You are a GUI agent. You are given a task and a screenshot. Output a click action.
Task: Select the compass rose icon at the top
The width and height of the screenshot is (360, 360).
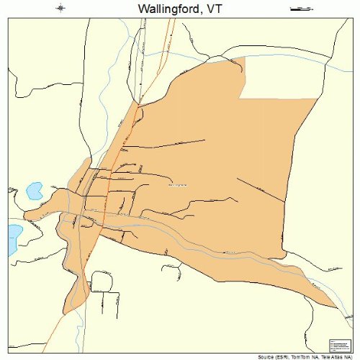tap(60, 9)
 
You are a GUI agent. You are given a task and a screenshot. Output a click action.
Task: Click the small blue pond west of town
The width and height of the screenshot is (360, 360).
tap(34, 191)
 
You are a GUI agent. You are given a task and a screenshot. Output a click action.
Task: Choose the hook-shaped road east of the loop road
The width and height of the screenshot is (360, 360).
tap(174, 271)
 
